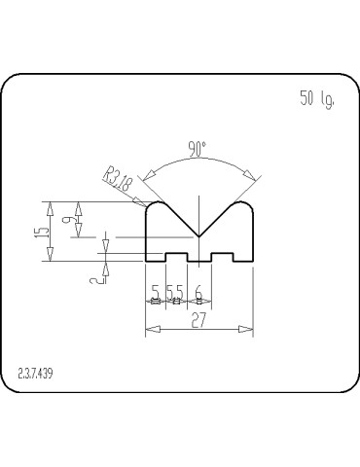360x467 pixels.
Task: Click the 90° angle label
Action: click(198, 149)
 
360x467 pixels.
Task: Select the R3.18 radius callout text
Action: click(119, 179)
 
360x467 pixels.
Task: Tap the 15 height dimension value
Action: click(42, 232)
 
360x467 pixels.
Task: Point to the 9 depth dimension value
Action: click(66, 220)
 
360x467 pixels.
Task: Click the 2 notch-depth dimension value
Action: click(95, 279)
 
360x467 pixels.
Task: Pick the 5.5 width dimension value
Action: click(175, 292)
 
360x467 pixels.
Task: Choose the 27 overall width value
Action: click(198, 320)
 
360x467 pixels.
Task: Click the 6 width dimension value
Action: click(198, 292)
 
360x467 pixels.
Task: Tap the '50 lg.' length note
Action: click(317, 99)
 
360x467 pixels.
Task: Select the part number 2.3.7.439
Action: click(35, 374)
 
